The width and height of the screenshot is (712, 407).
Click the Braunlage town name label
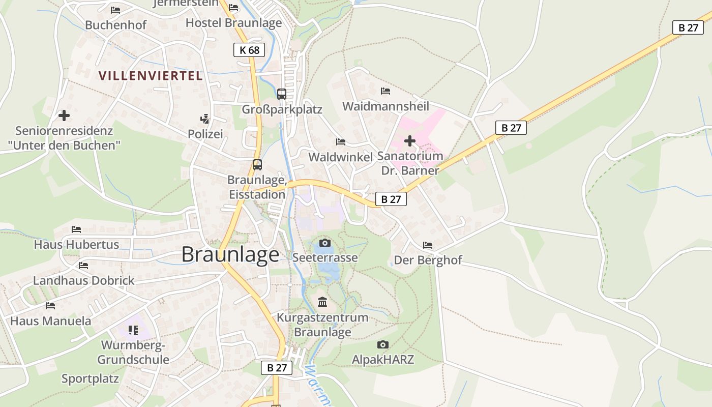tap(230, 254)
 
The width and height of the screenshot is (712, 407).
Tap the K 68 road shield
tap(249, 50)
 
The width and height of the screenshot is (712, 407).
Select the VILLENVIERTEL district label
tap(151, 76)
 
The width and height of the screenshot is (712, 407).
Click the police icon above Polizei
tap(204, 119)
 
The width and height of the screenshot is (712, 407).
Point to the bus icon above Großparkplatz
tap(282, 94)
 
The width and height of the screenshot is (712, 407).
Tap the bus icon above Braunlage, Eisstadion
tap(257, 165)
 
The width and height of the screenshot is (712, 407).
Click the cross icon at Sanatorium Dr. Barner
tap(410, 141)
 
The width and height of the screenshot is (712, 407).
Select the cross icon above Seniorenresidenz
tap(64, 115)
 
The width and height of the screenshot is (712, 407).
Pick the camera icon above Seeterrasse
tap(325, 243)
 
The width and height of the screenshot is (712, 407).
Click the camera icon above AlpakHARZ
tap(383, 345)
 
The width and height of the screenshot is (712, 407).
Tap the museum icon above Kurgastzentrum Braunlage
tap(322, 302)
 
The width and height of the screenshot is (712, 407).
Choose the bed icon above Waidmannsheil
tap(385, 91)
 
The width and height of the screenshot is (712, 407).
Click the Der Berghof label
tap(428, 260)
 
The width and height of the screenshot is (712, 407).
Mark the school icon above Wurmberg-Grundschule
tap(133, 330)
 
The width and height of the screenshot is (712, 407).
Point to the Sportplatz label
tap(90, 379)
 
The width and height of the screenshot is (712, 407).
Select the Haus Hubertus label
tap(76, 245)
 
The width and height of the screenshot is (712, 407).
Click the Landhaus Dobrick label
tap(84, 280)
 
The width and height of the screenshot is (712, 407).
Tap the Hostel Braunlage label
tap(233, 23)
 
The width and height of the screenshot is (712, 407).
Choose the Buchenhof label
tap(115, 25)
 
